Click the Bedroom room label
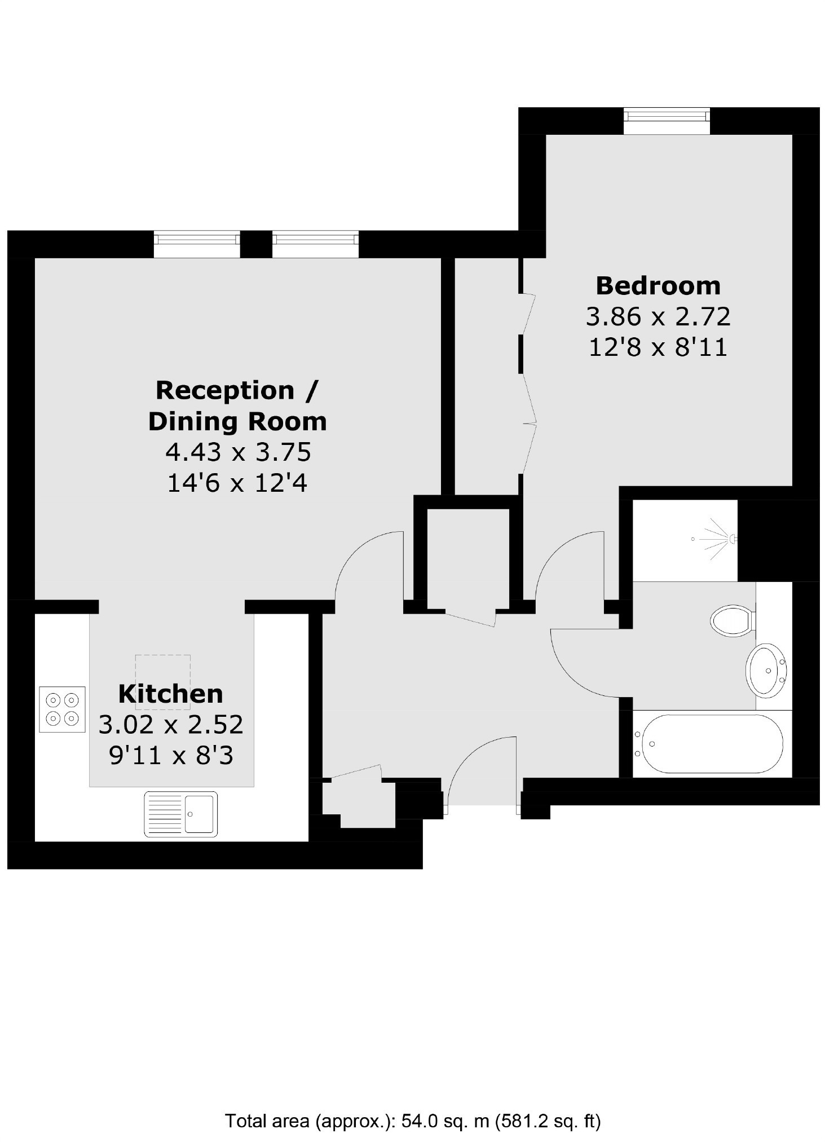tap(658, 285)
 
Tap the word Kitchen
tap(171, 694)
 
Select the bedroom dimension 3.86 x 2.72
tap(658, 316)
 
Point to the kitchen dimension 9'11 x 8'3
tap(171, 755)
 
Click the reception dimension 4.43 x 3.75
tap(238, 452)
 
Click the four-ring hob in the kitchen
tap(62, 709)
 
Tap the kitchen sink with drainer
tap(180, 814)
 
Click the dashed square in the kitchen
tap(162, 682)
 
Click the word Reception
tap(225, 391)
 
